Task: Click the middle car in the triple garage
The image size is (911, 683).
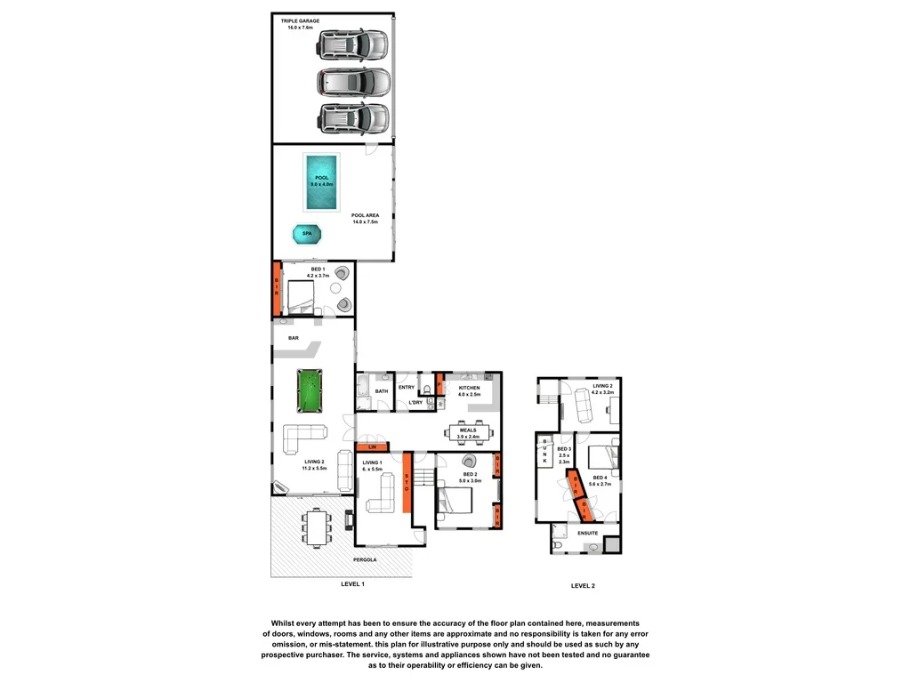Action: pos(353,82)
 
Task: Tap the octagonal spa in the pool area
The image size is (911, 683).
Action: pos(307,234)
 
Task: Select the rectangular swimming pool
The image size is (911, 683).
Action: pos(320,182)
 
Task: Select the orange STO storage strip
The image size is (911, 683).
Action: pos(407,482)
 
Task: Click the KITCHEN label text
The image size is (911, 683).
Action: pos(469,389)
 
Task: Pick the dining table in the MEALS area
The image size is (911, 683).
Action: pos(468,433)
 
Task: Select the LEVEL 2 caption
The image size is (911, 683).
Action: pos(583,586)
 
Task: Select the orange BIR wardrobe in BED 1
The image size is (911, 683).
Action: pos(277,289)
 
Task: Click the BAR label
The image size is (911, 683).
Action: pos(294,339)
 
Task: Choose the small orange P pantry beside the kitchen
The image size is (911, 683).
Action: pos(439,387)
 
